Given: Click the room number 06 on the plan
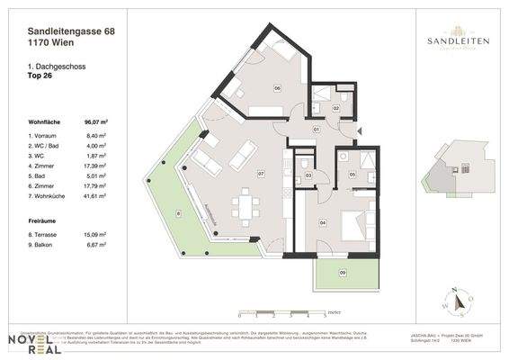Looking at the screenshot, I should pyautogui.click(x=278, y=87).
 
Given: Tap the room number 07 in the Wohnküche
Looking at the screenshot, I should pyautogui.click(x=260, y=173).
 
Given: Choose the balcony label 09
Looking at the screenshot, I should pyautogui.click(x=342, y=272).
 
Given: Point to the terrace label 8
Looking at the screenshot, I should pyautogui.click(x=178, y=213).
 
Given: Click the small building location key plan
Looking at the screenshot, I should pyautogui.click(x=458, y=172).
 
